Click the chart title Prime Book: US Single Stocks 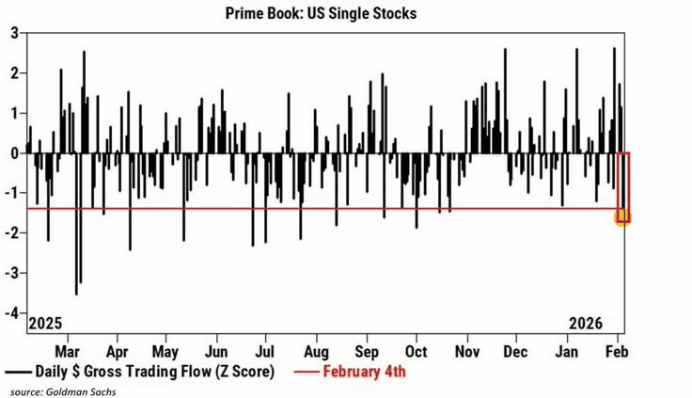(x=345, y=13)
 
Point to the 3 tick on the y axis (x=15, y=32)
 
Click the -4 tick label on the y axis (x=13, y=312)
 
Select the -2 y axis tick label (x=13, y=232)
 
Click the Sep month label (x=366, y=351)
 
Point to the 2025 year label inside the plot (x=45, y=324)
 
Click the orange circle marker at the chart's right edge (x=621, y=217)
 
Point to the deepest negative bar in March (x=76, y=294)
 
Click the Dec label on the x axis (x=515, y=351)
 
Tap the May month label (x=165, y=351)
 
